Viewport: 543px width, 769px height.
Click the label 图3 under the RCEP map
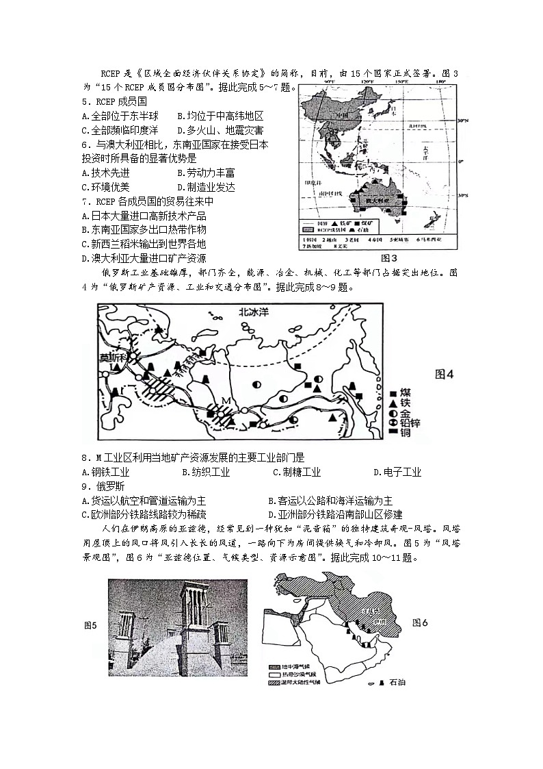[x=388, y=258]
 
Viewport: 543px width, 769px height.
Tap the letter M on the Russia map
[x=224, y=400]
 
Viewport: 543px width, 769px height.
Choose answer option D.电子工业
[x=397, y=472]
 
